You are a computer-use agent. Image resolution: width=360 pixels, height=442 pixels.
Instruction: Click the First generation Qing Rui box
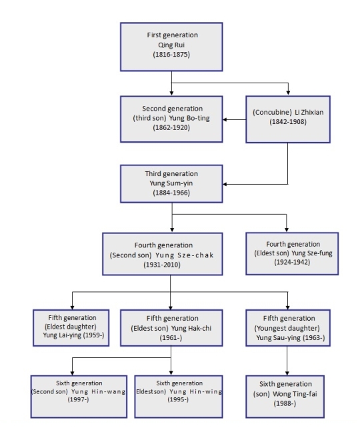click(171, 47)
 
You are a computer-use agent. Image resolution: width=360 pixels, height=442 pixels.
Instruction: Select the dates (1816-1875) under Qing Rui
click(171, 55)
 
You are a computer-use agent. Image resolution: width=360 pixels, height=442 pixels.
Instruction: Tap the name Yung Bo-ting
click(189, 118)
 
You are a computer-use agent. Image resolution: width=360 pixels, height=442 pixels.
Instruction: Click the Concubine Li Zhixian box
click(288, 119)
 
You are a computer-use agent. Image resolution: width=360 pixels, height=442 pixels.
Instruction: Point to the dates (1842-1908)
click(288, 122)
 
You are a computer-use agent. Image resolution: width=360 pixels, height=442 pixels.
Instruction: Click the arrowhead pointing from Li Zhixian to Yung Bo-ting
click(225, 119)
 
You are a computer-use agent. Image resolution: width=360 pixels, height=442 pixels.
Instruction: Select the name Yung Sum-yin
click(171, 183)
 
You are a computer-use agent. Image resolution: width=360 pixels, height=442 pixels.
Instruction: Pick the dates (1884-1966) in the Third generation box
click(171, 193)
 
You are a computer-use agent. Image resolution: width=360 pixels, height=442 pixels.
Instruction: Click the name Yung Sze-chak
click(185, 255)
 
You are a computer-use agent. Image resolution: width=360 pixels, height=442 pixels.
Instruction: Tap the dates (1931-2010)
click(162, 265)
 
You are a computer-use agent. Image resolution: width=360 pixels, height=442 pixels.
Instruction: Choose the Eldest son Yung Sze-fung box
click(292, 253)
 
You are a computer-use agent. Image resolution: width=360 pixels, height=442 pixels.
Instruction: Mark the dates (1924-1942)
click(292, 262)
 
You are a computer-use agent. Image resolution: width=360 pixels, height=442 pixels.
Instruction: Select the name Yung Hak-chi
click(191, 329)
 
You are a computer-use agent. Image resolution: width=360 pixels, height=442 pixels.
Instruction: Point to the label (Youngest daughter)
click(287, 329)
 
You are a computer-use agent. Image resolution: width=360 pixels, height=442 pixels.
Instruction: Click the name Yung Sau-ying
click(278, 338)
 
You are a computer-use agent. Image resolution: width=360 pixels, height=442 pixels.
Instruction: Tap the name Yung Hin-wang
click(99, 391)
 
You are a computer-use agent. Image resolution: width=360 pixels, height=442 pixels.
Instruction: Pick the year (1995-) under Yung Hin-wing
click(178, 399)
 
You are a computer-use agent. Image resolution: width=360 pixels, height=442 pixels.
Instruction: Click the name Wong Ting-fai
click(295, 394)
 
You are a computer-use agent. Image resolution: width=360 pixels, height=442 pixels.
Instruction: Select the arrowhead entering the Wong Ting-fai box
click(287, 373)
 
